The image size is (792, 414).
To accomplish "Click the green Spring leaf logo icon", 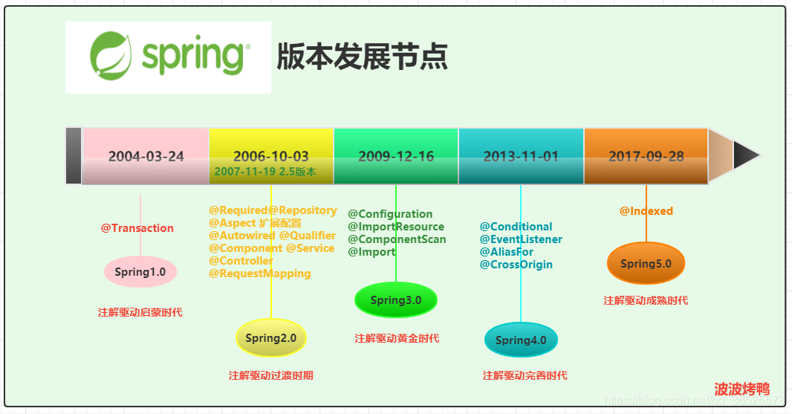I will (112, 56).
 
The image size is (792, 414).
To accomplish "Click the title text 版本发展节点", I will (362, 57).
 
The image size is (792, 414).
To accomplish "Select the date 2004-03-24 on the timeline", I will (146, 156).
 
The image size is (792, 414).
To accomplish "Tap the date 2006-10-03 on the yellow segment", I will (270, 155).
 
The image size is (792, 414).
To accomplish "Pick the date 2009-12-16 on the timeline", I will (396, 156).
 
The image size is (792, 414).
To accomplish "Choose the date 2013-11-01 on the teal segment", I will (520, 156).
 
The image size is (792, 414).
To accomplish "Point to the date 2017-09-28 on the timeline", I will (646, 156).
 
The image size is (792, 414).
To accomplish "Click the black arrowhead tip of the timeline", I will (746, 155).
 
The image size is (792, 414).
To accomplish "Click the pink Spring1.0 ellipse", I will (140, 272).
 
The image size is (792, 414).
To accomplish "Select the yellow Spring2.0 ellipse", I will (270, 338).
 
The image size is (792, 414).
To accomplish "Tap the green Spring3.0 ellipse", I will (396, 300).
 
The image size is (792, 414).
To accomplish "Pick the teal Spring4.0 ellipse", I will (521, 340).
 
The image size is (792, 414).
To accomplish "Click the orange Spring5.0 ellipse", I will (646, 264).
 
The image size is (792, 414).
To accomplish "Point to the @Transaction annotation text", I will (137, 228).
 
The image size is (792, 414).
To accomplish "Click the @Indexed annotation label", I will (646, 211).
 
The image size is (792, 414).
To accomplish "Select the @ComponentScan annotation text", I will (397, 239).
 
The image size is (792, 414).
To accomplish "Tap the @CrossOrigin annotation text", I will (516, 265).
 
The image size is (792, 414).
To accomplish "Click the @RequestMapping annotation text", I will (259, 274).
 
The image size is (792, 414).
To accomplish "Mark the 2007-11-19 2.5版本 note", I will (265, 172).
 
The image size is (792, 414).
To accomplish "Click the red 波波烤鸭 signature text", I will (741, 389).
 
